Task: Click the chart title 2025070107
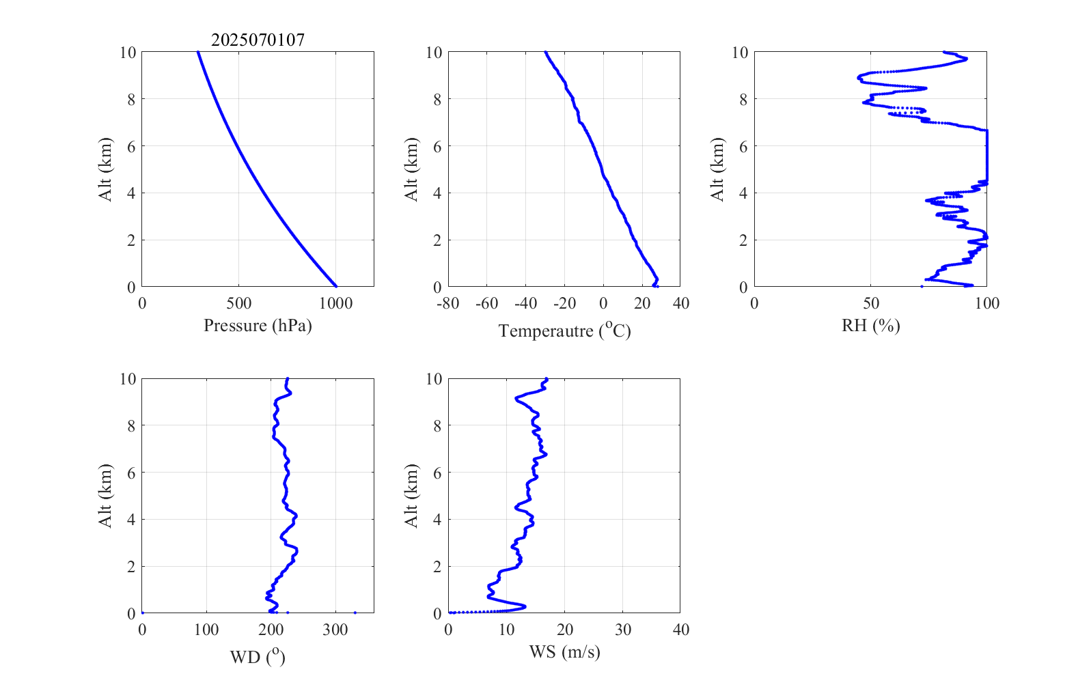point(258,40)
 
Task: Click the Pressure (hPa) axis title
point(258,326)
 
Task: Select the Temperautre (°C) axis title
point(564,331)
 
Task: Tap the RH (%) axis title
point(870,326)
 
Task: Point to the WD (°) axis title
point(258,658)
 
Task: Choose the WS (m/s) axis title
point(564,652)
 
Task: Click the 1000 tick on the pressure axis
point(335,303)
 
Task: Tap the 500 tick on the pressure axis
point(238,303)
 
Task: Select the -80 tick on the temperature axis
point(447,303)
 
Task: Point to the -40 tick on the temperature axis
point(525,303)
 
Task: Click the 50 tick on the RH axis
point(870,303)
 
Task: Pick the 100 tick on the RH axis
point(986,303)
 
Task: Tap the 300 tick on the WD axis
point(335,630)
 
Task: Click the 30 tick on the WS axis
point(622,630)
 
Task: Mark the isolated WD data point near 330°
point(355,613)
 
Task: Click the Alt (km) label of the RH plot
point(717,169)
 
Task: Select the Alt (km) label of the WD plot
point(105,496)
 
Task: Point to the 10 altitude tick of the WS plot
point(434,379)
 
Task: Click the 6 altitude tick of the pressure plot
point(130,146)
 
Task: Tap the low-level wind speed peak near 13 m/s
point(523,606)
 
